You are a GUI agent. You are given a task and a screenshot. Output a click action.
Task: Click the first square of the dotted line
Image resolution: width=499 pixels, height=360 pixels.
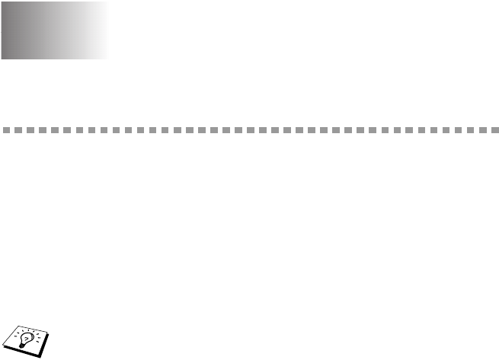(5, 130)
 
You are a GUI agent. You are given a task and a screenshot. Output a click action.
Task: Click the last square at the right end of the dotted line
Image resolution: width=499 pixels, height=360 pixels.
(493, 130)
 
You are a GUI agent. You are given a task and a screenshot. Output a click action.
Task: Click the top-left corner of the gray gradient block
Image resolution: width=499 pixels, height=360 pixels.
(2, 2)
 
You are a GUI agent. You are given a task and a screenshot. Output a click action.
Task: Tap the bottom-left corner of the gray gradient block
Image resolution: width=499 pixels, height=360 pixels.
(2, 58)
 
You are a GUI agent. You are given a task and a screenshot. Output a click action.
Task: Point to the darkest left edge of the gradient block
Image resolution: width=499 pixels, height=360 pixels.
(2, 30)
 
